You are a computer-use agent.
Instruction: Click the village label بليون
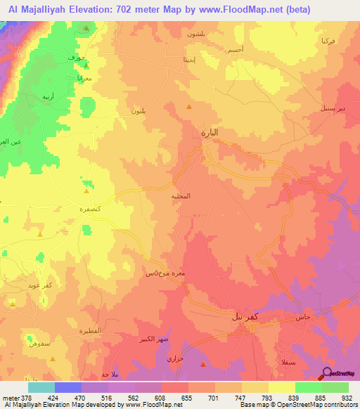[x=139, y=111]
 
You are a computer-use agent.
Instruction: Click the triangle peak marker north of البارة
[x=188, y=106]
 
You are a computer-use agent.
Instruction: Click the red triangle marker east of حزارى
[x=204, y=364]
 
